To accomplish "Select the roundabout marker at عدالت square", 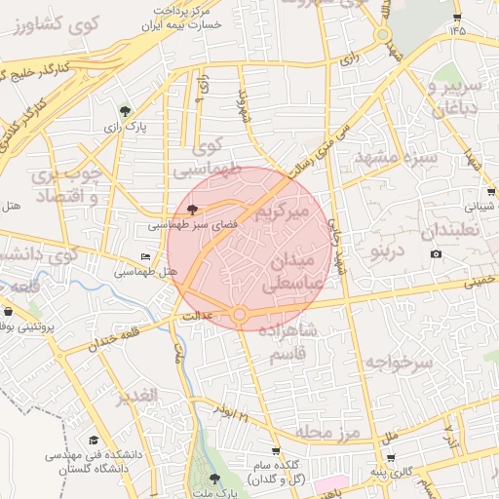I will point(240,314).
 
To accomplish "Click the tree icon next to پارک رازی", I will point(124,111).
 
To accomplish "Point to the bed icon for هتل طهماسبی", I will point(146,257).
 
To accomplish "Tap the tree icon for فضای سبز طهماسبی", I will point(191,209).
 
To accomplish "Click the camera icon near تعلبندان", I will point(436,254).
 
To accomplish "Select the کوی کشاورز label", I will point(47,22).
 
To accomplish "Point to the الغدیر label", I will point(134,396).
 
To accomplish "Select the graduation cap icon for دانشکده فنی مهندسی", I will point(94,441).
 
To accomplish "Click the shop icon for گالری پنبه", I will point(391,457).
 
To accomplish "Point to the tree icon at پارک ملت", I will point(214,478).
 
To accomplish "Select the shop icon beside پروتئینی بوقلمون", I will point(9,312).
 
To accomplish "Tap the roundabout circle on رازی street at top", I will point(383,36).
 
